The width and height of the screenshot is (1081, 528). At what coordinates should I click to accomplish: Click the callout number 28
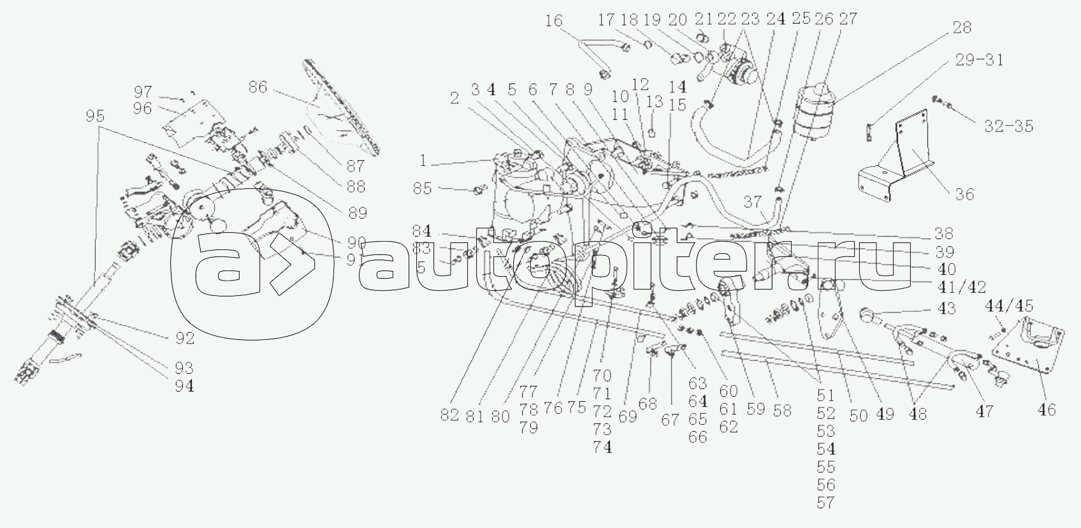(x=962, y=27)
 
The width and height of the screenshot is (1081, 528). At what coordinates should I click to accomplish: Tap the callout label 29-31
(x=979, y=61)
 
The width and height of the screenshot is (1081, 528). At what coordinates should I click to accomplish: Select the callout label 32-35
(x=1008, y=126)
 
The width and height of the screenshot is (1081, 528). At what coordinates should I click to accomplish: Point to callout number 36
(x=965, y=194)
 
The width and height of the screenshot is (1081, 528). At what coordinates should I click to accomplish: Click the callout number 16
(x=554, y=21)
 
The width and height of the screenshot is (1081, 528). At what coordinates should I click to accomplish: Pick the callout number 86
(x=258, y=87)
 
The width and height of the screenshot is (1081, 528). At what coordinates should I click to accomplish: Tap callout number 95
(x=95, y=116)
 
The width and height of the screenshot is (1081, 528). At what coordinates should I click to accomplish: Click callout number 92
(x=185, y=339)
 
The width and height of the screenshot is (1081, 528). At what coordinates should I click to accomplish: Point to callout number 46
(x=1046, y=410)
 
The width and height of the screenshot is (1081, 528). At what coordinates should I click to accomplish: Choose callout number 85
(x=422, y=189)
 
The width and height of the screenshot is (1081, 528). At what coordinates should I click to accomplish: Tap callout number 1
(x=423, y=161)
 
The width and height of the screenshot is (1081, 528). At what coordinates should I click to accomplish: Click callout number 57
(x=825, y=503)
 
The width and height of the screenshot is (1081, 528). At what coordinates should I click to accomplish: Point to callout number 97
(x=143, y=92)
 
